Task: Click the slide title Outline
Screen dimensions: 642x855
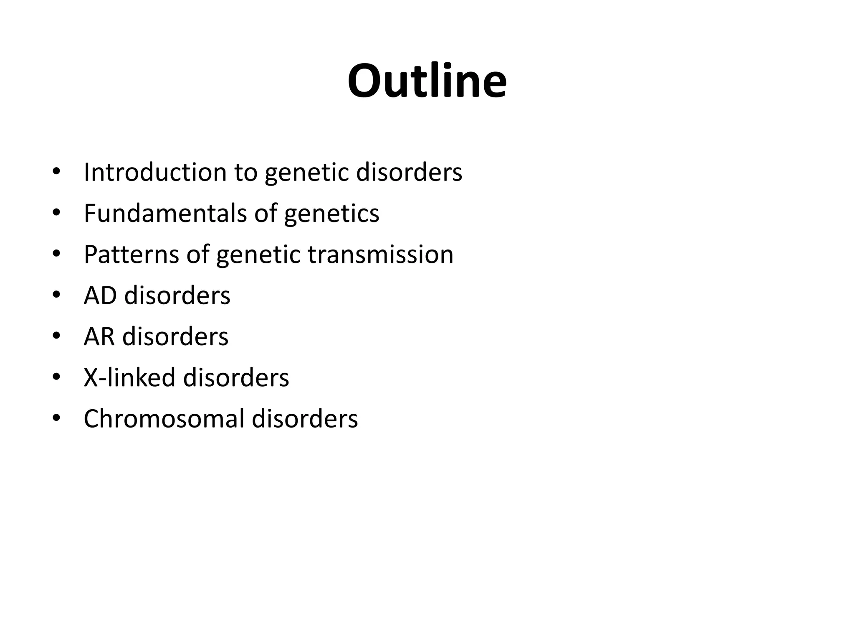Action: coord(427,81)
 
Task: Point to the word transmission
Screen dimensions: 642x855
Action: coord(380,254)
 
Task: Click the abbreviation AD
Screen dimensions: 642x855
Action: coord(100,296)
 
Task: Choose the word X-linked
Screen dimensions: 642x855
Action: coord(129,377)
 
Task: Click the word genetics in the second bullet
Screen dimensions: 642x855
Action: coord(331,213)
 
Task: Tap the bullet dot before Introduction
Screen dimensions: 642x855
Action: coord(56,172)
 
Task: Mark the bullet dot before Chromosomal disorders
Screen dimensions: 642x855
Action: coord(56,418)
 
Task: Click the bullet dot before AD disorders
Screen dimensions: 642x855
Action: coord(56,296)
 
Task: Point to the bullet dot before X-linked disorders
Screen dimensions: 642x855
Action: coord(56,377)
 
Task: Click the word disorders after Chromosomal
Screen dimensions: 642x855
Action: coord(305,418)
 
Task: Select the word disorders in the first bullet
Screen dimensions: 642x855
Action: coord(409,172)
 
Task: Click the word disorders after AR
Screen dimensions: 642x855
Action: coord(175,336)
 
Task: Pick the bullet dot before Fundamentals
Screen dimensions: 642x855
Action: coord(56,213)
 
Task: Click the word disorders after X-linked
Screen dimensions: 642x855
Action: coord(236,377)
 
